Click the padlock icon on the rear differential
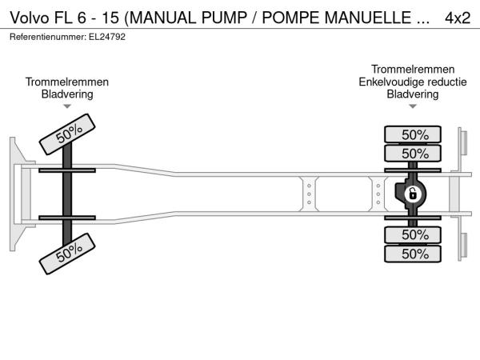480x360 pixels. (413, 194)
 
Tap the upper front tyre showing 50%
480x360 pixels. (67, 134)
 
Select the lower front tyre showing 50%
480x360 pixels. (67, 254)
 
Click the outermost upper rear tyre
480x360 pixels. (413, 134)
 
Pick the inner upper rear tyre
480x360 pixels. (413, 153)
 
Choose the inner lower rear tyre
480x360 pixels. (413, 234)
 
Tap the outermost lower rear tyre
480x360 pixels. (413, 254)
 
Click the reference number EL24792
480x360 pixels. (107, 37)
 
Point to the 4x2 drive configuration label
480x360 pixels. (458, 18)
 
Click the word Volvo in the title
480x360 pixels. (30, 18)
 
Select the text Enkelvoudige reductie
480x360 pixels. (413, 82)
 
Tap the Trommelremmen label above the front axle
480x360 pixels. (67, 82)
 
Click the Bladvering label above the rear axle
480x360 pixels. (413, 94)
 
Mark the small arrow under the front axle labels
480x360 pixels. (67, 106)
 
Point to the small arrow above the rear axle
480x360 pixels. (413, 106)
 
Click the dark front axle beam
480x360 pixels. (67, 194)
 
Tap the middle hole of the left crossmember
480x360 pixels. (309, 194)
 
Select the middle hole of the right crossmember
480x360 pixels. (378, 194)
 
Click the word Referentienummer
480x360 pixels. (48, 37)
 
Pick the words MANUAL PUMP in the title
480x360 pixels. (189, 18)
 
